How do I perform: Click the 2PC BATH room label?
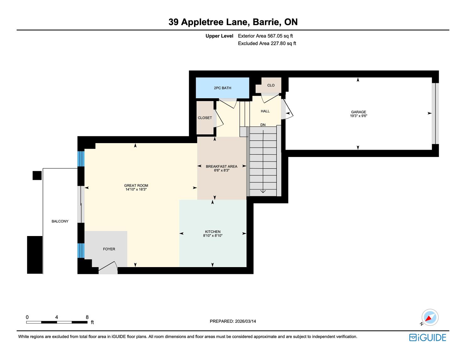click(x=222, y=88)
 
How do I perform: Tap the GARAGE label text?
click(x=358, y=112)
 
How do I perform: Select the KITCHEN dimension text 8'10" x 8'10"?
click(x=213, y=235)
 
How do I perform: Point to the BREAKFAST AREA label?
click(x=221, y=166)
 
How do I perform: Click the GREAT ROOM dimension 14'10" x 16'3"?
click(x=136, y=190)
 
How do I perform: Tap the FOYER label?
click(x=109, y=249)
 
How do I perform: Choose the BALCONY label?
click(x=60, y=221)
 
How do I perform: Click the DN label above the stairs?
click(x=263, y=125)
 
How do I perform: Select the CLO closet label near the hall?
click(x=271, y=85)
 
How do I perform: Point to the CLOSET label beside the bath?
click(x=205, y=118)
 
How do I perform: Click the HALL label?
click(x=265, y=111)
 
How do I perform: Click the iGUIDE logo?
click(x=427, y=337)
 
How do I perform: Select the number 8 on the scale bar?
click(x=87, y=317)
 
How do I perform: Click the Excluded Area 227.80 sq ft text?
click(x=267, y=43)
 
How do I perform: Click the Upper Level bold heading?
click(x=219, y=36)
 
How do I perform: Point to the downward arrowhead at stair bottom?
click(x=263, y=191)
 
